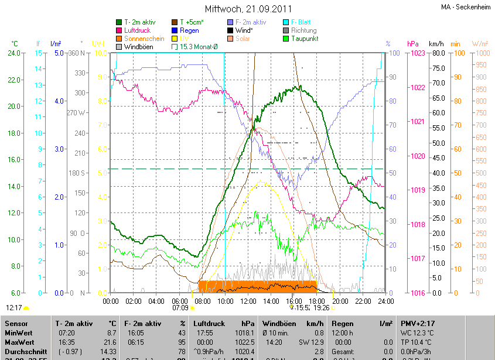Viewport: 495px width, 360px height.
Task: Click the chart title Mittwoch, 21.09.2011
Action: (x=248, y=9)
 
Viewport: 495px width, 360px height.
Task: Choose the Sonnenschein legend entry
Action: (x=144, y=39)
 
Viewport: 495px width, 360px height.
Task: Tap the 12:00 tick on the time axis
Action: (x=248, y=301)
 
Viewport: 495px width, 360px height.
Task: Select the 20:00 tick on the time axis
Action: (x=340, y=301)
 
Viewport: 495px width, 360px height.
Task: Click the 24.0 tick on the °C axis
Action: (x=13, y=53)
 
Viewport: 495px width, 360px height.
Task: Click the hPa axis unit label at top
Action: (x=413, y=44)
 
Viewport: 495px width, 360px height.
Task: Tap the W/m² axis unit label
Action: (x=480, y=44)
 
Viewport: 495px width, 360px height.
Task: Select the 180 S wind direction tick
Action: (x=77, y=173)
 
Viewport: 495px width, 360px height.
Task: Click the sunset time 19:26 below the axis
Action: (x=321, y=307)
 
